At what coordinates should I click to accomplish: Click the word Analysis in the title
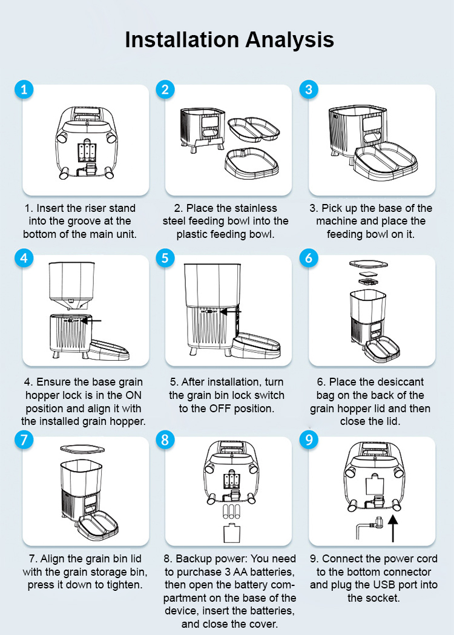coord(289,40)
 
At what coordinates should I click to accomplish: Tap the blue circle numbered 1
coord(24,89)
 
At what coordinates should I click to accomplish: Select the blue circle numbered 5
coord(165,258)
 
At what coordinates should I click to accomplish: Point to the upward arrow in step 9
coord(393,528)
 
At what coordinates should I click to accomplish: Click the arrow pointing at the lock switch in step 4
coord(91,321)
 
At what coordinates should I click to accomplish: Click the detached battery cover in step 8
coord(232,533)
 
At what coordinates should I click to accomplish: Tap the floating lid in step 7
coord(82,449)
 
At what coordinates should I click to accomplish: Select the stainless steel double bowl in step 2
coord(254,130)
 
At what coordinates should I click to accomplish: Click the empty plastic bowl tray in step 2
coord(252,163)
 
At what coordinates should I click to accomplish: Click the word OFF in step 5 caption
coord(220,408)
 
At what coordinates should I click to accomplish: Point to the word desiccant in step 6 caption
coord(396,382)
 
